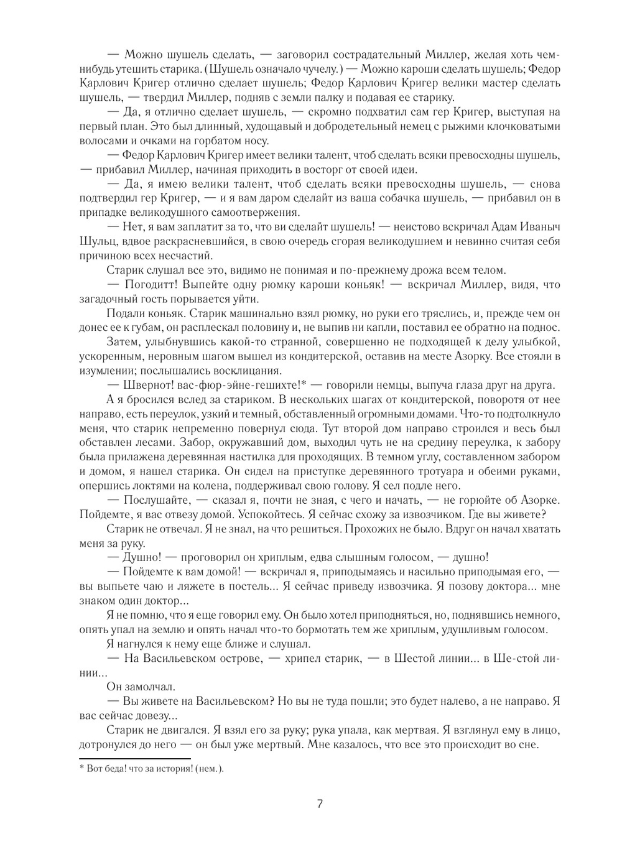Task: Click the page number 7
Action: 320,803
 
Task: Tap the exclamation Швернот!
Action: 154,386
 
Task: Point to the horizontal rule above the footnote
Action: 134,758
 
